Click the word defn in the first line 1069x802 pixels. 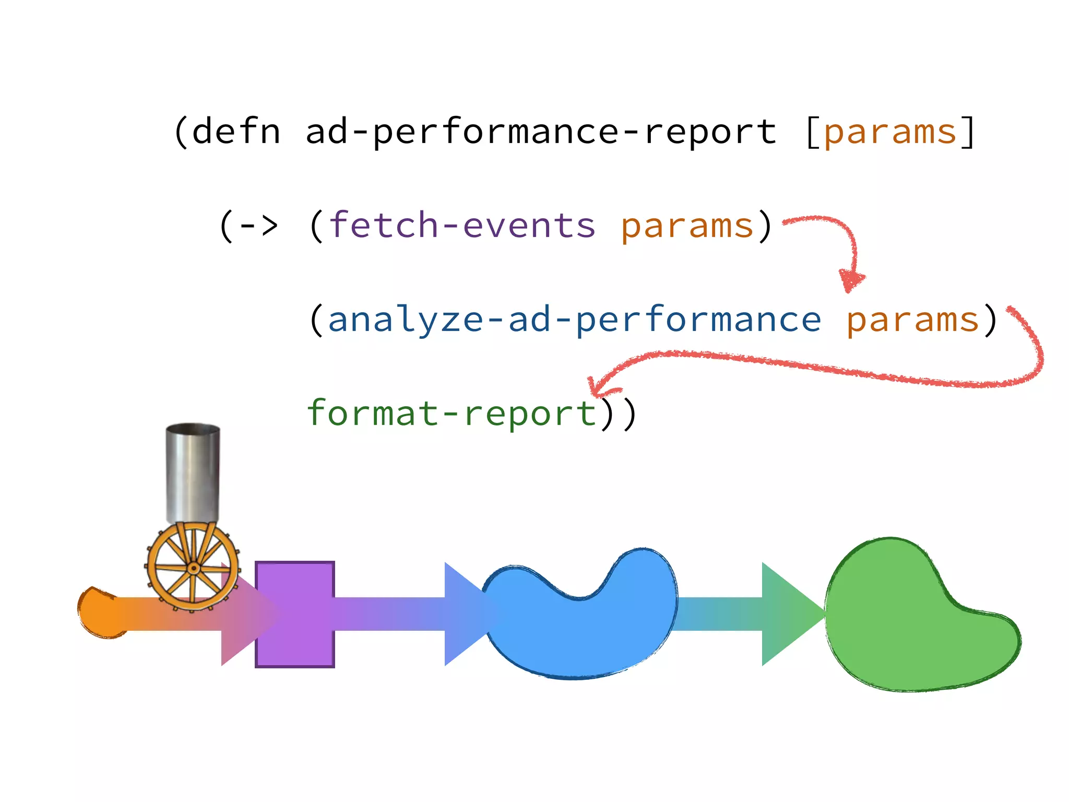point(236,132)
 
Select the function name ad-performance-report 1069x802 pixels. point(541,132)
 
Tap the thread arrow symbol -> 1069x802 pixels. point(258,226)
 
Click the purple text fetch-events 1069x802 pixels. point(462,226)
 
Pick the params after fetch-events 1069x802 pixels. point(687,227)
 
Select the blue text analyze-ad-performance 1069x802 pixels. point(574,320)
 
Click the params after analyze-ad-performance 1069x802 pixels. point(912,321)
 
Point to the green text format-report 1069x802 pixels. point(452,414)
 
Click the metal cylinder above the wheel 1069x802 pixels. point(193,473)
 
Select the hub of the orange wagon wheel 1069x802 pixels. point(193,568)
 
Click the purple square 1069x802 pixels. point(295,615)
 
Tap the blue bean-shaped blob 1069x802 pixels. point(579,627)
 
